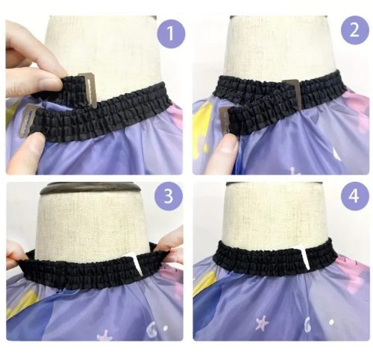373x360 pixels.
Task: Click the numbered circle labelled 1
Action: (x=171, y=34)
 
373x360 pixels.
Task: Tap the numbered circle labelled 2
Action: (x=354, y=30)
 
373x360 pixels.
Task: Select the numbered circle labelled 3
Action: (x=169, y=196)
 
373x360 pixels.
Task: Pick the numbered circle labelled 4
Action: (x=354, y=196)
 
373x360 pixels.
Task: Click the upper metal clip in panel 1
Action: (x=89, y=89)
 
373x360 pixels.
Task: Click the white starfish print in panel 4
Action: (x=263, y=323)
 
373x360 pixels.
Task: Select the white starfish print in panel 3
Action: (x=104, y=336)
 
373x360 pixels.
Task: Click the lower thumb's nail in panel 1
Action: (x=35, y=142)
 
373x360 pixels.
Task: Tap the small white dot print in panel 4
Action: (x=331, y=322)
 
